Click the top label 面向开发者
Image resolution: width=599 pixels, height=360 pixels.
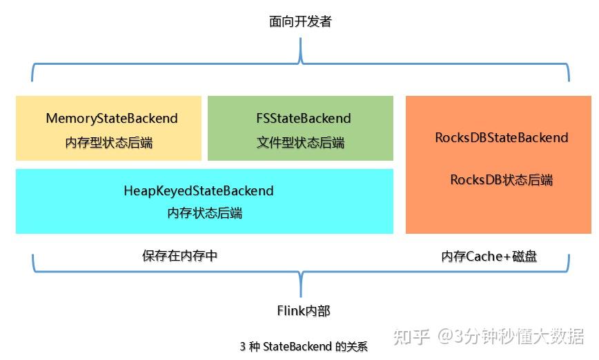300,22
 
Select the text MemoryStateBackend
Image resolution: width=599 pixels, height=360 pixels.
111,119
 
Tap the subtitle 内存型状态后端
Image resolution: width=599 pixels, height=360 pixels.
109,143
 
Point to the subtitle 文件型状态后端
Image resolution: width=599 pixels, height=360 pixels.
300,143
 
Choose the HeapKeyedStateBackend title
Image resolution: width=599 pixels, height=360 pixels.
199,191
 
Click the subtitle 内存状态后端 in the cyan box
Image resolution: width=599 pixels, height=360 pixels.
204,214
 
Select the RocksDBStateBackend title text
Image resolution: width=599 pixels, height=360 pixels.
501,138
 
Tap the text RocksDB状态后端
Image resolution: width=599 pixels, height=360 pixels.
501,180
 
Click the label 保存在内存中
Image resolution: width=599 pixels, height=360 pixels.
180,256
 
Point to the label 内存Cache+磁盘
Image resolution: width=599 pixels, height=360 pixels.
489,257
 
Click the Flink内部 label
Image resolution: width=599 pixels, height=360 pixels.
304,311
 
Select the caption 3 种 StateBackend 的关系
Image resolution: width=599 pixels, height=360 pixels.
304,347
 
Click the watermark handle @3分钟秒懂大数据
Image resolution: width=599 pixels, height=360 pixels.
509,336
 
